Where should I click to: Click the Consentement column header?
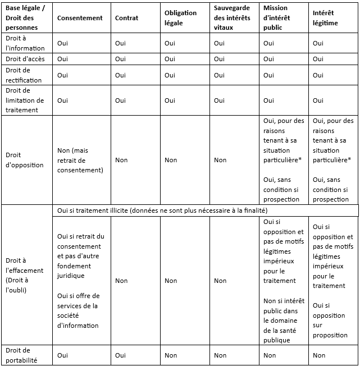tap(80, 18)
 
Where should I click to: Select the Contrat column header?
tap(126, 18)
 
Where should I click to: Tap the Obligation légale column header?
tap(180, 18)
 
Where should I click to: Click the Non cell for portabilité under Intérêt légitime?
tap(319, 355)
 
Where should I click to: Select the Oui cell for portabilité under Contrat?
tap(120, 355)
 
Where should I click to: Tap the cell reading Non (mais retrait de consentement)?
tap(80, 160)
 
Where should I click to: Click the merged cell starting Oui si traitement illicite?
tap(162, 210)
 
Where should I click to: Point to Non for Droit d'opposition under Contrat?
tap(121, 160)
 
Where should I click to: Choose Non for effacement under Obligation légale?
tap(171, 281)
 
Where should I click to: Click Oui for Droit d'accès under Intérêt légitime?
tap(318, 59)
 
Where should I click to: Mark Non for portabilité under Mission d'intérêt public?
tap(270, 355)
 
